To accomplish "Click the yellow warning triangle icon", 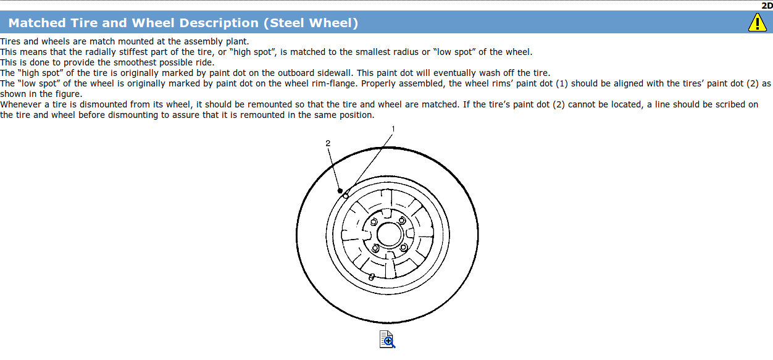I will tap(757, 23).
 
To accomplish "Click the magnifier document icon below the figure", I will tap(387, 339).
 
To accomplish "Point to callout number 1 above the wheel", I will tap(393, 129).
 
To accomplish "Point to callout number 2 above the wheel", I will tap(328, 143).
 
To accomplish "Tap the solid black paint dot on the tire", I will tap(340, 191).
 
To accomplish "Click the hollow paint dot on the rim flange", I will tap(346, 196).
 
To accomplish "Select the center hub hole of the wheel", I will tap(388, 235).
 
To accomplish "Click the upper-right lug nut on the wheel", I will tap(402, 221).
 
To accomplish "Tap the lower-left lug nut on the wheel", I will tap(374, 248).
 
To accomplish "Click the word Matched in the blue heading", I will tap(36, 23).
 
